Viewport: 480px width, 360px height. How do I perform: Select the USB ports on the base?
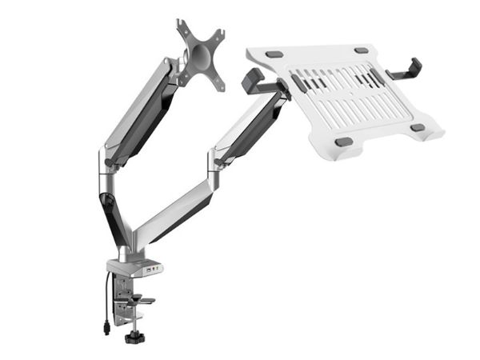(x=151, y=270)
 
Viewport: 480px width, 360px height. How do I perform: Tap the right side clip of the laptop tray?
(x=408, y=70)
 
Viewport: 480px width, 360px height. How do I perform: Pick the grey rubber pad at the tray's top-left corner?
(x=274, y=54)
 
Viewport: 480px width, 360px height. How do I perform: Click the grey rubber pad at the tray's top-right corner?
(x=362, y=50)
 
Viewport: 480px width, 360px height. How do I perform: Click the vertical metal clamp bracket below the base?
(x=120, y=300)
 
